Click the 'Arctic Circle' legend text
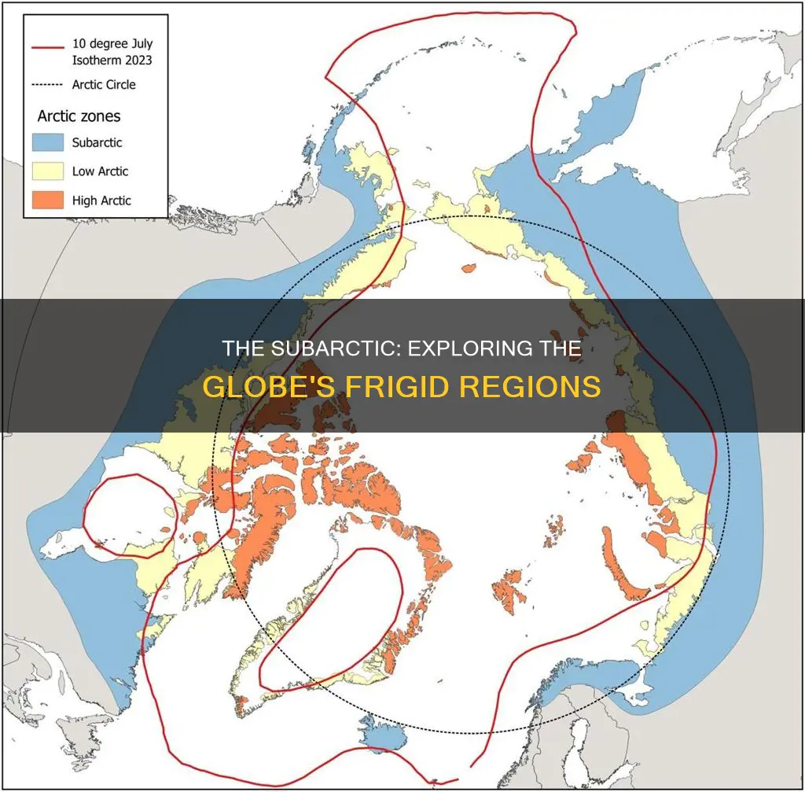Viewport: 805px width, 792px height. pos(104,84)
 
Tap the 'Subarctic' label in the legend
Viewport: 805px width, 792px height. pos(97,143)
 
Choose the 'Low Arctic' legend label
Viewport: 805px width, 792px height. pos(100,171)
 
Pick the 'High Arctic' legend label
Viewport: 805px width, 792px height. pos(101,201)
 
